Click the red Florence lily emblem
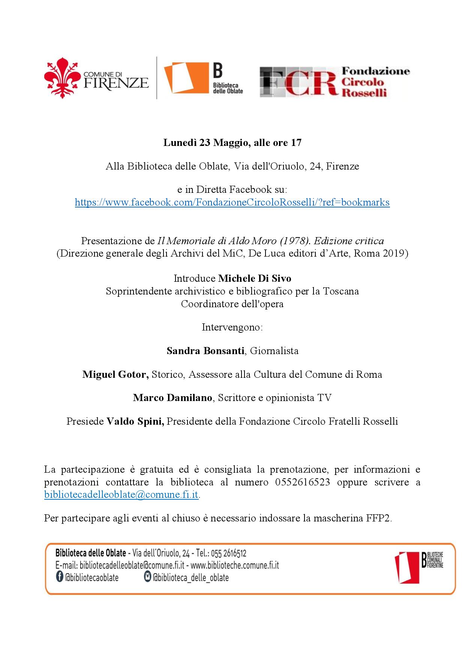pos(63,78)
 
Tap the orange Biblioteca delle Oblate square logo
pos(186,78)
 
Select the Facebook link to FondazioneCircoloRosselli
pos(232,203)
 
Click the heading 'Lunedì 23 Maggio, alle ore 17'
pos(232,143)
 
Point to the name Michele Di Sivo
pos(255,278)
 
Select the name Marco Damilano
pos(172,398)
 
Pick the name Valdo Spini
pos(135,421)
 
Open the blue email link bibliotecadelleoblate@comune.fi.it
pos(121,494)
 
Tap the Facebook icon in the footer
pos(59,577)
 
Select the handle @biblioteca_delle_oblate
pos(190,577)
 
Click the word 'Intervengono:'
pos(232,327)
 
